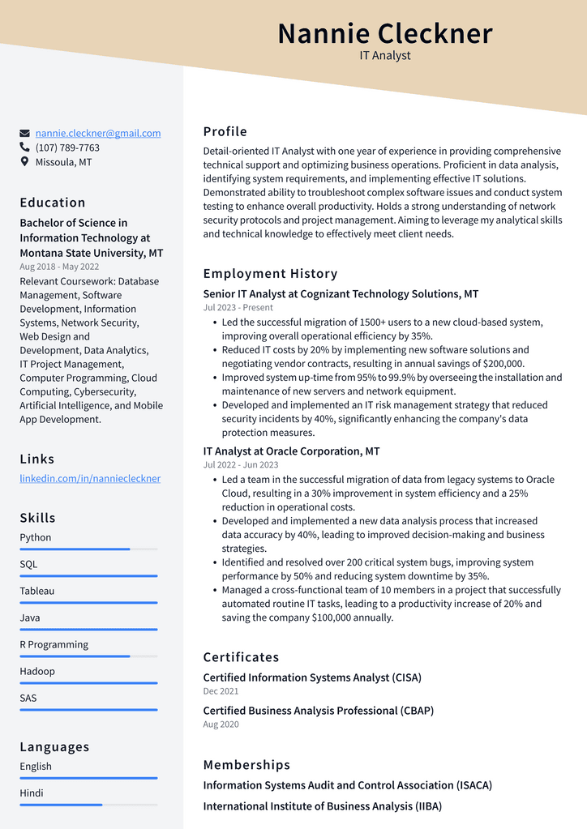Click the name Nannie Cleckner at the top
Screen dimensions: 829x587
pyautogui.click(x=385, y=34)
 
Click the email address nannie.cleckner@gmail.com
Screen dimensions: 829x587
pyautogui.click(x=98, y=133)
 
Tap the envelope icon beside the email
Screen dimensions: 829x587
pyautogui.click(x=25, y=133)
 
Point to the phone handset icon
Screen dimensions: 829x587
pyautogui.click(x=25, y=147)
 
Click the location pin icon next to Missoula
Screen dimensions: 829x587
pyautogui.click(x=25, y=162)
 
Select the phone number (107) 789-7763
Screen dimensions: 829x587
pyautogui.click(x=67, y=147)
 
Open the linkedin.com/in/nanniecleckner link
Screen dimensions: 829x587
pyautogui.click(x=90, y=478)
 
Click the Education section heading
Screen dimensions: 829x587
pyautogui.click(x=53, y=203)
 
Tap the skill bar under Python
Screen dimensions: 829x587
pyautogui.click(x=88, y=549)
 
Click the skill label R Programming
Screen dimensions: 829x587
pyautogui.click(x=54, y=644)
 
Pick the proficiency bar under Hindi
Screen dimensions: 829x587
pyautogui.click(x=88, y=805)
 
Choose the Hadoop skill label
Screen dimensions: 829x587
pyautogui.click(x=37, y=671)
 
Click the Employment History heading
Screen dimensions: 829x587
pyautogui.click(x=270, y=274)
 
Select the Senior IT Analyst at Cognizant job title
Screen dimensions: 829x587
pyautogui.click(x=341, y=294)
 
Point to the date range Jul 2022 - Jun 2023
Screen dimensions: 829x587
pyautogui.click(x=240, y=464)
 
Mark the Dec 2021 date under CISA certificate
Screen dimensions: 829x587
pyautogui.click(x=221, y=691)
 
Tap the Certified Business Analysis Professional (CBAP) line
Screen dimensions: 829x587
pyautogui.click(x=318, y=711)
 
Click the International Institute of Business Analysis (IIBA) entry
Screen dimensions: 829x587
pyautogui.click(x=322, y=806)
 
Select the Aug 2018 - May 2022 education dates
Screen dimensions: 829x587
pyautogui.click(x=59, y=267)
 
